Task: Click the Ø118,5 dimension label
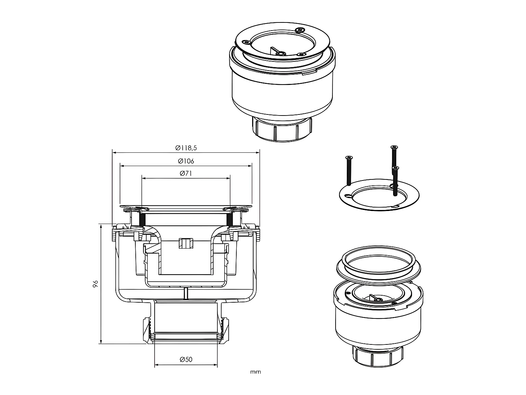tap(186, 148)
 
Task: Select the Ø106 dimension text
tap(186, 161)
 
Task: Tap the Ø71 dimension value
tap(186, 173)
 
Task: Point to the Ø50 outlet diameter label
tap(186, 360)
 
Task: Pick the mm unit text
tap(256, 372)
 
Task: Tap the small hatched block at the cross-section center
tap(186, 243)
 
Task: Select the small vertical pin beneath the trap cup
tap(186, 293)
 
